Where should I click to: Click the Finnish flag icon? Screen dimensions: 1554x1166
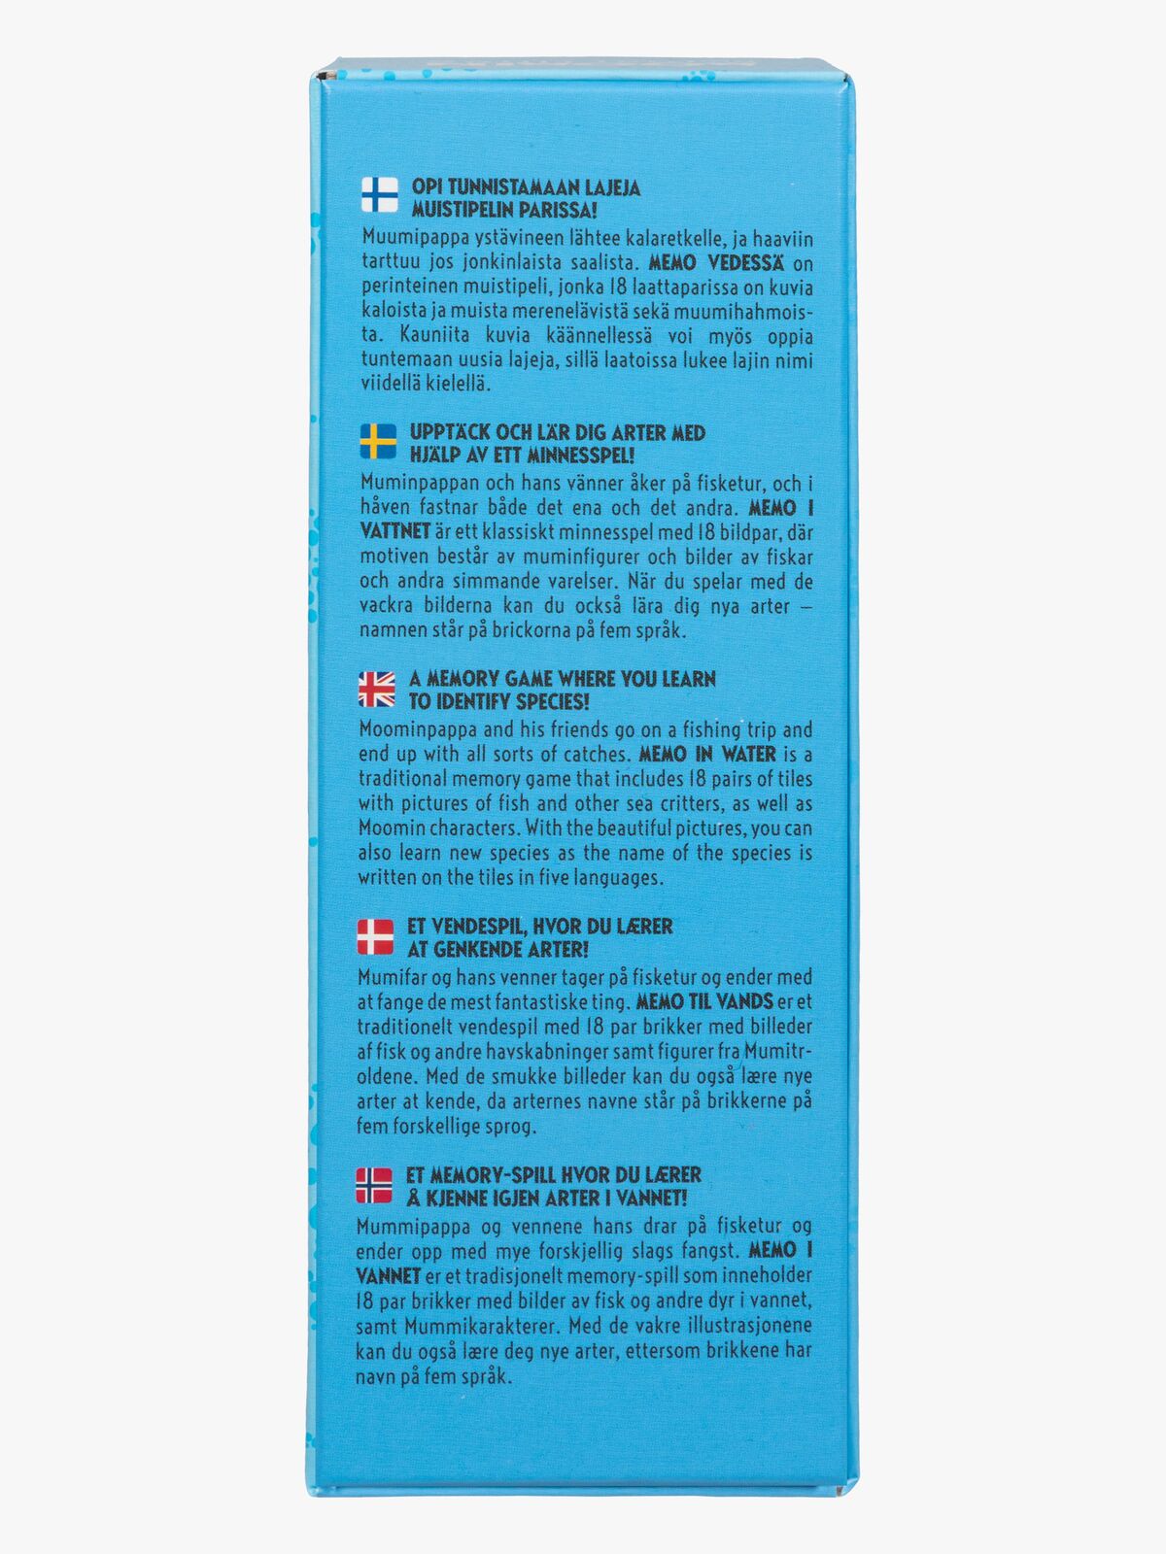coord(379,194)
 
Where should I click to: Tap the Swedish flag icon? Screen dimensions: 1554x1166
coord(378,441)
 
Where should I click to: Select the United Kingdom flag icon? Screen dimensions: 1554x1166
coord(377,689)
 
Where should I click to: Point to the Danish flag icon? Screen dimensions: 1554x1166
coord(375,937)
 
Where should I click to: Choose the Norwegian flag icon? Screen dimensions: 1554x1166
coord(374,1186)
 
